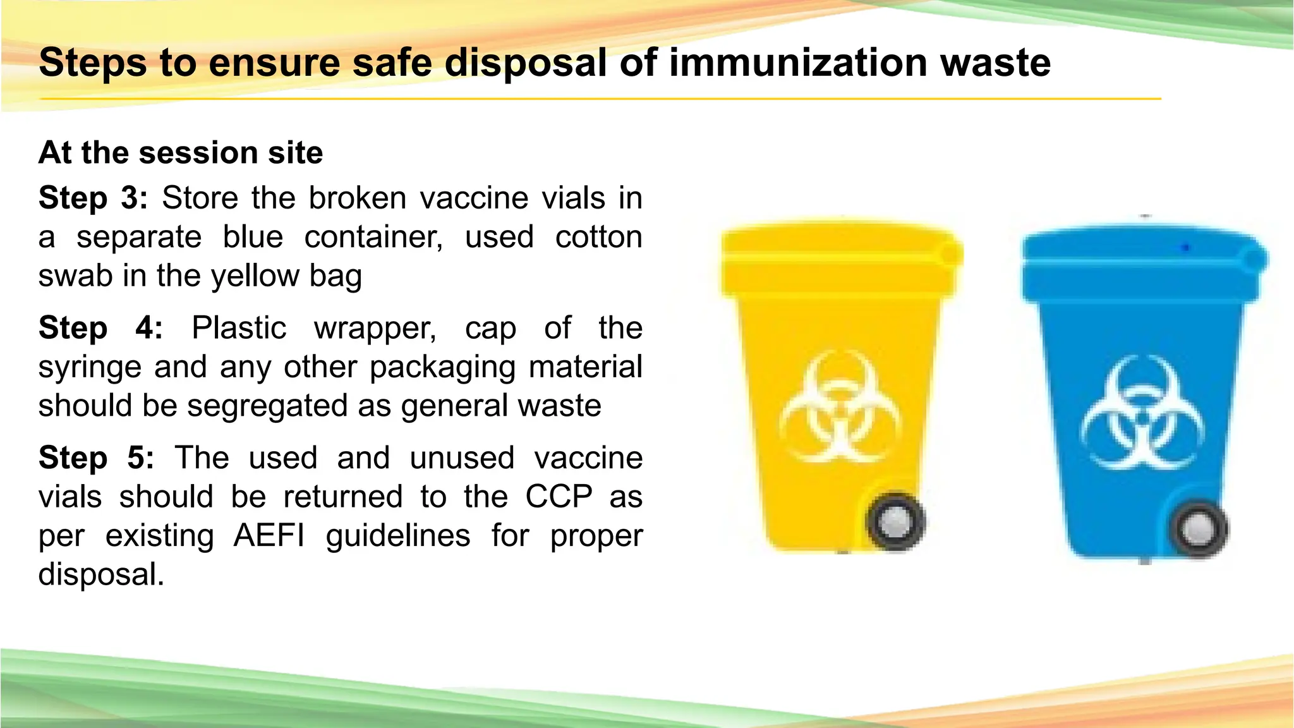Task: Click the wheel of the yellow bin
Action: pyautogui.click(x=896, y=521)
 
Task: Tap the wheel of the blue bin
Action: pyautogui.click(x=1198, y=529)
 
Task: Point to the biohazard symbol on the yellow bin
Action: pyautogui.click(x=840, y=408)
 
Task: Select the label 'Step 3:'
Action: pyautogui.click(x=93, y=198)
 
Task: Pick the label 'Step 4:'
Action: pyautogui.click(x=100, y=328)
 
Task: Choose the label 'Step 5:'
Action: pyautogui.click(x=96, y=458)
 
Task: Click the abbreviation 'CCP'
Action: pyautogui.click(x=559, y=497)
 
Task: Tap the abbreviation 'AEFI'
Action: pyautogui.click(x=269, y=536)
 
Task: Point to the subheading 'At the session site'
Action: pyautogui.click(x=181, y=153)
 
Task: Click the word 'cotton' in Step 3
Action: pyautogui.click(x=598, y=237)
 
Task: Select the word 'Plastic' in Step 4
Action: pyautogui.click(x=239, y=328)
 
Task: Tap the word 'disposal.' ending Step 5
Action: pyautogui.click(x=101, y=574)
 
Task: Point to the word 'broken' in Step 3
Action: pyautogui.click(x=357, y=198)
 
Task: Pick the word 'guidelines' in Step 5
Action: pyautogui.click(x=398, y=536)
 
